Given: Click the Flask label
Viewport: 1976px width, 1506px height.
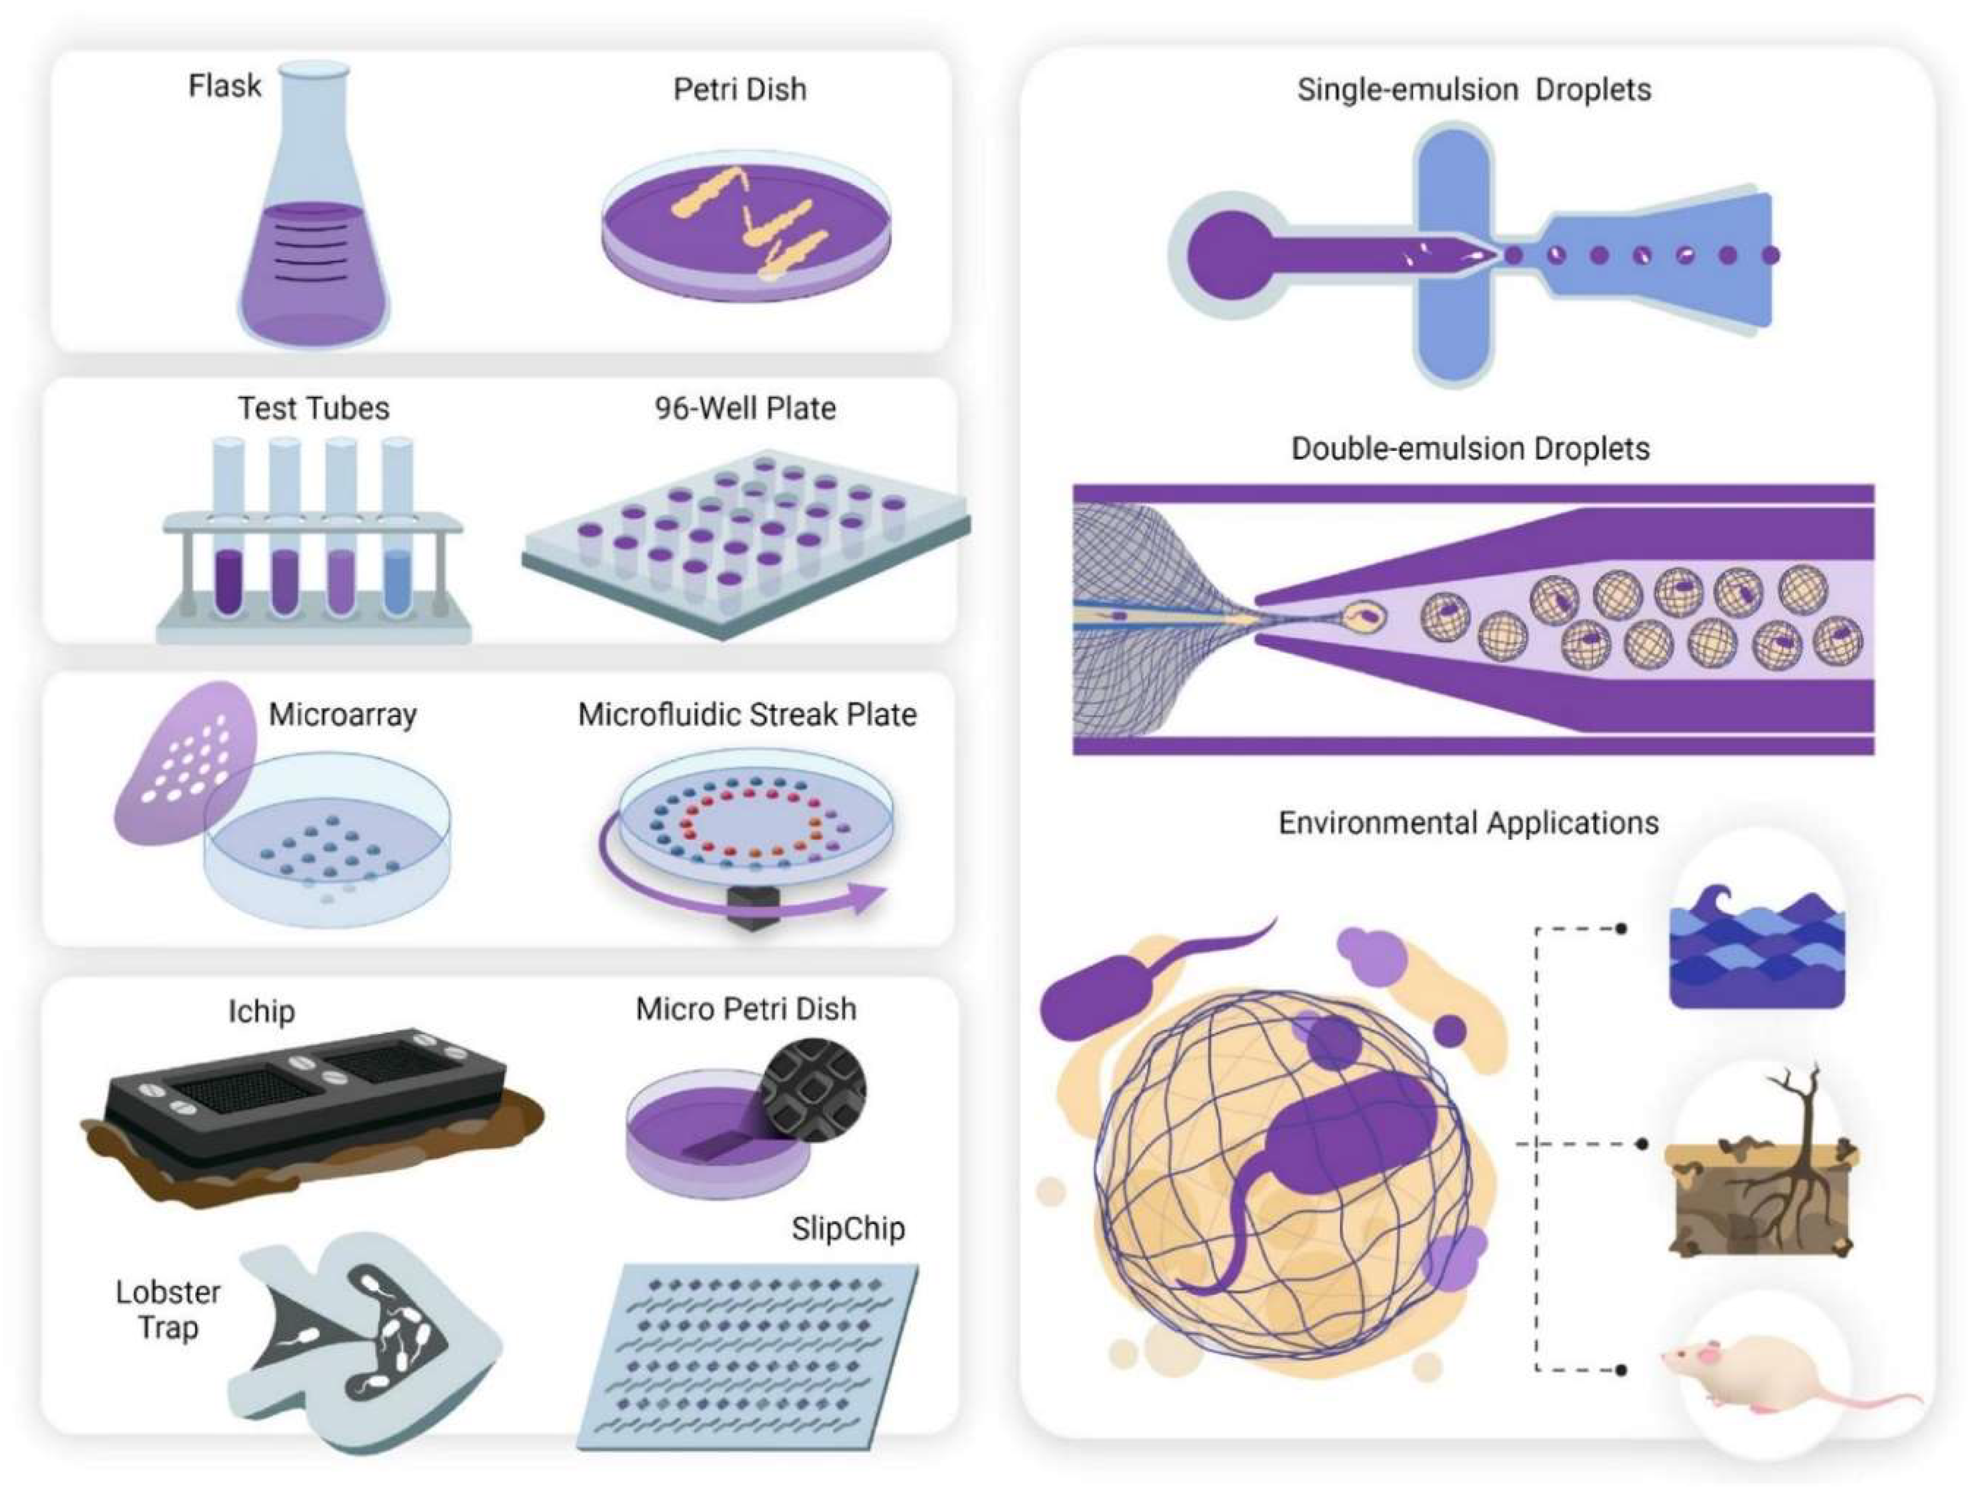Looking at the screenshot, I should click(224, 86).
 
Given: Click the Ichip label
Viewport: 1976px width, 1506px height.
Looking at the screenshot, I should click(261, 1011).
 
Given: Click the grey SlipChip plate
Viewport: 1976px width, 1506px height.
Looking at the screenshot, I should click(748, 1353).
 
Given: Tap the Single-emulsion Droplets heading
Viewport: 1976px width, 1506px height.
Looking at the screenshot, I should click(1474, 90).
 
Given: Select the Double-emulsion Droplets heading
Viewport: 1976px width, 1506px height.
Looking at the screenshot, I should click(1471, 448).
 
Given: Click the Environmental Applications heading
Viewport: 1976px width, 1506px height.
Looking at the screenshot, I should click(1468, 823).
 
